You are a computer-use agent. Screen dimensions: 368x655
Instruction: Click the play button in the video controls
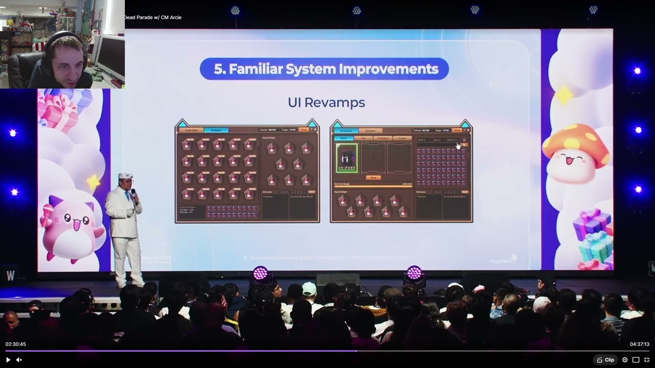(x=8, y=360)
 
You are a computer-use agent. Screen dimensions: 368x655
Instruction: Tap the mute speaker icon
(x=19, y=360)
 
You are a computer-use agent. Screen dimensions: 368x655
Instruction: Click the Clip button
(x=605, y=360)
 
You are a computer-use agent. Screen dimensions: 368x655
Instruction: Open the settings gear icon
(x=625, y=360)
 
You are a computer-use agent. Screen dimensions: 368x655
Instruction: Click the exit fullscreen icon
(x=646, y=360)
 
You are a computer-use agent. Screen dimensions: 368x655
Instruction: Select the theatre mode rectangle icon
(x=636, y=360)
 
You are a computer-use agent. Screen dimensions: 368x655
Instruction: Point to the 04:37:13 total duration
(x=639, y=344)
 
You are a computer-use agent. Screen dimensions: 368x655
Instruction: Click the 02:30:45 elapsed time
(x=16, y=344)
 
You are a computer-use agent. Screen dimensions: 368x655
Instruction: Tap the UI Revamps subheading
(x=326, y=102)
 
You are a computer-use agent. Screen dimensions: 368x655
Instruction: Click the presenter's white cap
(x=125, y=176)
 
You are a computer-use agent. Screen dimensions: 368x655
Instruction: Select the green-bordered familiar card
(x=346, y=157)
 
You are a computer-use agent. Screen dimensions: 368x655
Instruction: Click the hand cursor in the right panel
(x=458, y=146)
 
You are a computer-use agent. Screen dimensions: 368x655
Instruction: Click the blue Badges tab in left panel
(x=216, y=130)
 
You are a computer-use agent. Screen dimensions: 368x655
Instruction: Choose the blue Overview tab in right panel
(x=346, y=131)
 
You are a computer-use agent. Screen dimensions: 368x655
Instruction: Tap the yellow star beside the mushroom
(x=565, y=95)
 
